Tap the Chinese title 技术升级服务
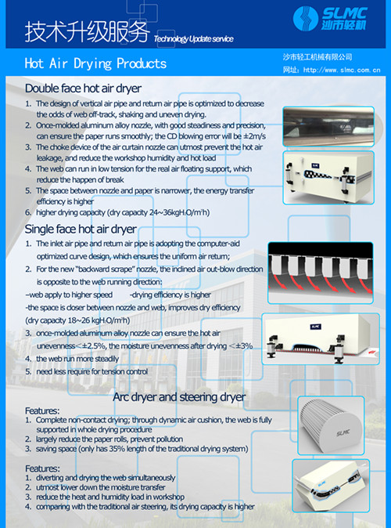click(x=86, y=31)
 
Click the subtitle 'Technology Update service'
click(x=193, y=38)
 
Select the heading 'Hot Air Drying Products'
click(x=95, y=63)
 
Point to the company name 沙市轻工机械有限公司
click(x=317, y=57)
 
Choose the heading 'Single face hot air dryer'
click(x=81, y=229)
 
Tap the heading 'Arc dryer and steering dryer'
click(x=179, y=397)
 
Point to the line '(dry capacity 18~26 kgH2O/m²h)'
click(x=77, y=320)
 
